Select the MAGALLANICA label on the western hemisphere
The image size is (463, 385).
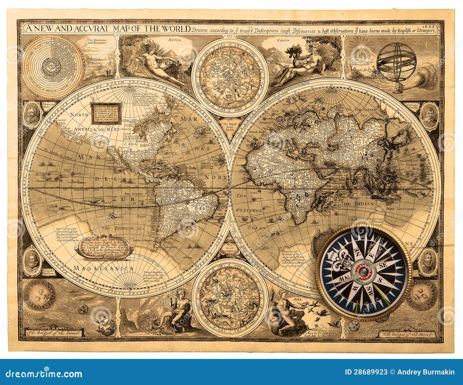[x=103, y=268]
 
